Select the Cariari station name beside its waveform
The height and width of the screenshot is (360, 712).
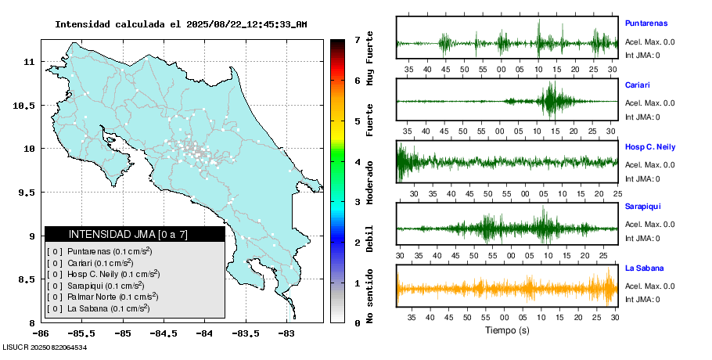(638, 85)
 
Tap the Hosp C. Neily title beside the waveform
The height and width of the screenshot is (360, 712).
(649, 146)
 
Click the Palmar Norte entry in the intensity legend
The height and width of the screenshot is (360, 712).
(101, 297)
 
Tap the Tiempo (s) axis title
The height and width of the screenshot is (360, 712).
(506, 330)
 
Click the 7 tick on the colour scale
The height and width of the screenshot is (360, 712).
(357, 39)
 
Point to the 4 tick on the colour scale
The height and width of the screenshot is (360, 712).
(357, 162)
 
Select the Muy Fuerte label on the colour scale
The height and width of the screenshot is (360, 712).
(370, 58)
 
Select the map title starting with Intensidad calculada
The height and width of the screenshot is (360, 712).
(181, 24)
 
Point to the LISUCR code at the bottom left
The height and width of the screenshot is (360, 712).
(44, 347)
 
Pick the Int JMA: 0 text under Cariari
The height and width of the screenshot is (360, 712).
(642, 117)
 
